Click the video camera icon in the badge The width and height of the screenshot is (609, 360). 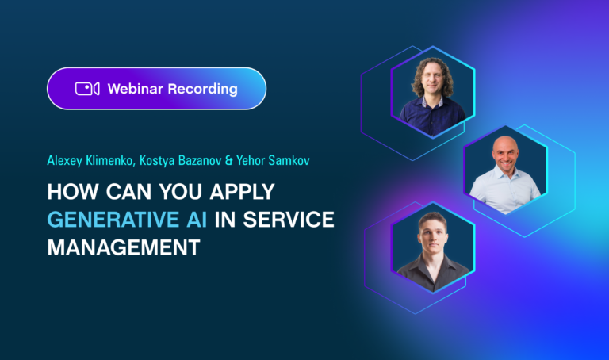click(x=86, y=89)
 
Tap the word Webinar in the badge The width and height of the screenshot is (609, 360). click(x=132, y=89)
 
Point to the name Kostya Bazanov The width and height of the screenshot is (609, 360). click(x=176, y=162)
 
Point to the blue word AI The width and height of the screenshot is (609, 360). click(x=190, y=221)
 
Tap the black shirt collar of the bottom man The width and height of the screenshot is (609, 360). click(x=432, y=266)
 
